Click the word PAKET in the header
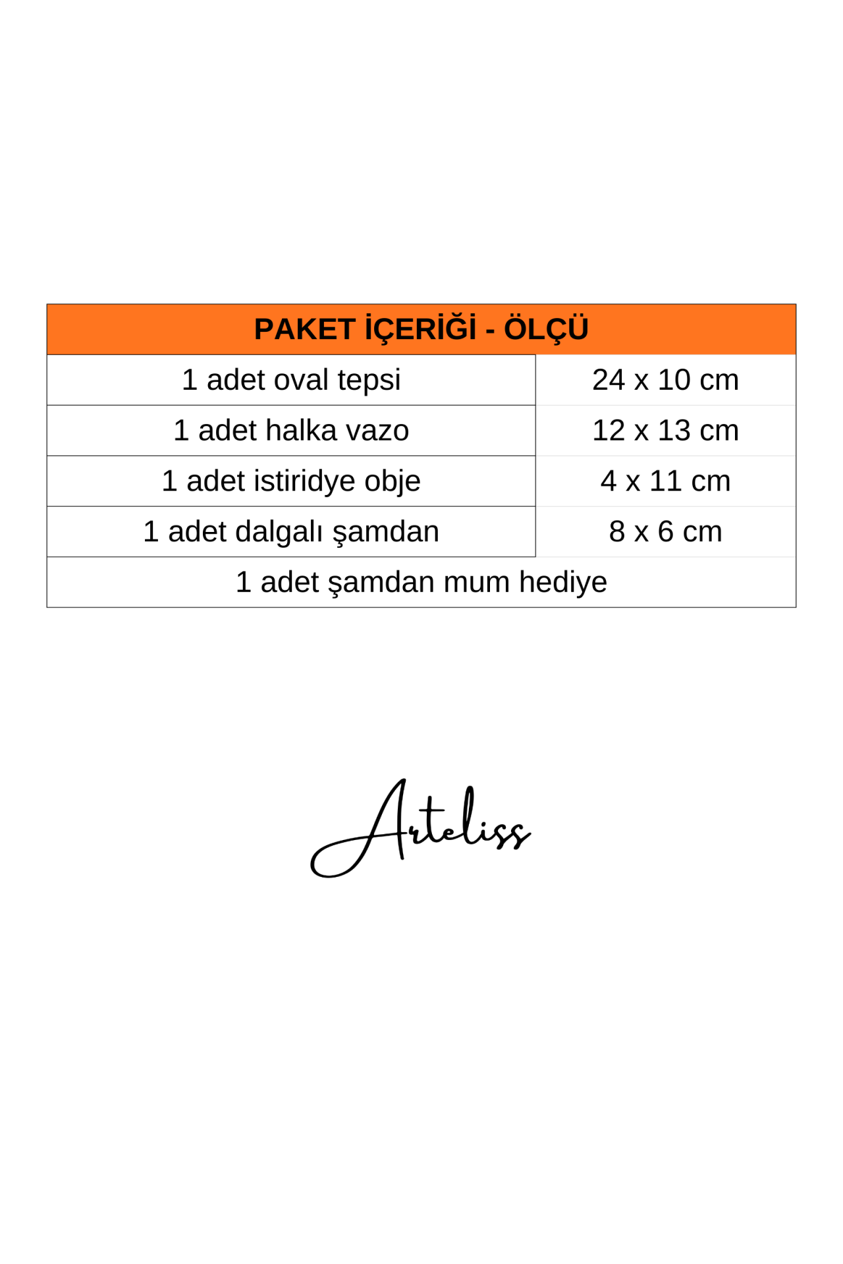point(304,329)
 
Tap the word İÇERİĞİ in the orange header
point(420,329)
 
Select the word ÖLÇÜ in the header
point(546,329)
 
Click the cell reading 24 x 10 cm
point(665,380)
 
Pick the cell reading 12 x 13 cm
point(665,431)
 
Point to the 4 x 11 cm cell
point(665,481)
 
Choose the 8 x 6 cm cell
point(665,532)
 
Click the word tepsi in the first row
point(369,381)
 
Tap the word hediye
point(563,583)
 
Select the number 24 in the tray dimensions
point(608,380)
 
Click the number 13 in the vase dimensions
point(674,431)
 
